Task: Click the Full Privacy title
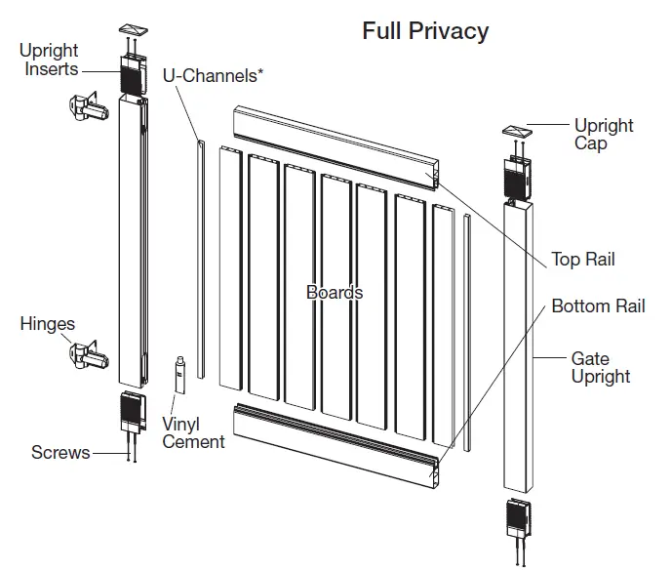[x=425, y=31]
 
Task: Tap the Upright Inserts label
[x=51, y=60]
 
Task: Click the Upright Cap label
[x=604, y=135]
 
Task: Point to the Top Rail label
[x=583, y=260]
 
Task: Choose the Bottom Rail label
[x=598, y=306]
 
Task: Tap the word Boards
[x=335, y=292]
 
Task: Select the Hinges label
[x=48, y=324]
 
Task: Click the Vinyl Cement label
[x=193, y=433]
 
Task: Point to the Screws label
[x=59, y=452]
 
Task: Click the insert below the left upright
[x=133, y=412]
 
